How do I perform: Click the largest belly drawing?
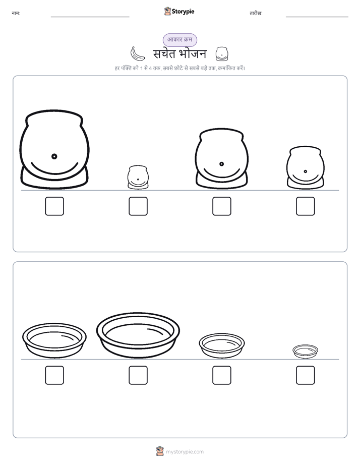click(54, 149)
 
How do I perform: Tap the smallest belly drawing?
click(138, 177)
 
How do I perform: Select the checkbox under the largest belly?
click(54, 206)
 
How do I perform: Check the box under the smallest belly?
click(138, 206)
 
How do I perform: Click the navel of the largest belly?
click(54, 156)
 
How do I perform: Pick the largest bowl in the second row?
click(138, 335)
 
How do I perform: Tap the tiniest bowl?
click(306, 352)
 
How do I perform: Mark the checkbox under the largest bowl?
click(138, 375)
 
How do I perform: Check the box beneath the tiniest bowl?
click(306, 375)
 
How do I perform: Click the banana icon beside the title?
click(137, 54)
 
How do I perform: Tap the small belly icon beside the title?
click(222, 54)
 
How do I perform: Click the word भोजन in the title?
click(193, 54)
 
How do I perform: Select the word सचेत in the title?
click(163, 54)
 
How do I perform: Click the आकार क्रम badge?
click(179, 40)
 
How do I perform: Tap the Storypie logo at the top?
click(179, 11)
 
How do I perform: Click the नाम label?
click(16, 13)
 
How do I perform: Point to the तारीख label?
click(256, 13)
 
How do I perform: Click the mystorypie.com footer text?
click(185, 452)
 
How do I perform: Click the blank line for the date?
click(317, 17)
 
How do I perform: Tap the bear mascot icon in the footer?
click(160, 451)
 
